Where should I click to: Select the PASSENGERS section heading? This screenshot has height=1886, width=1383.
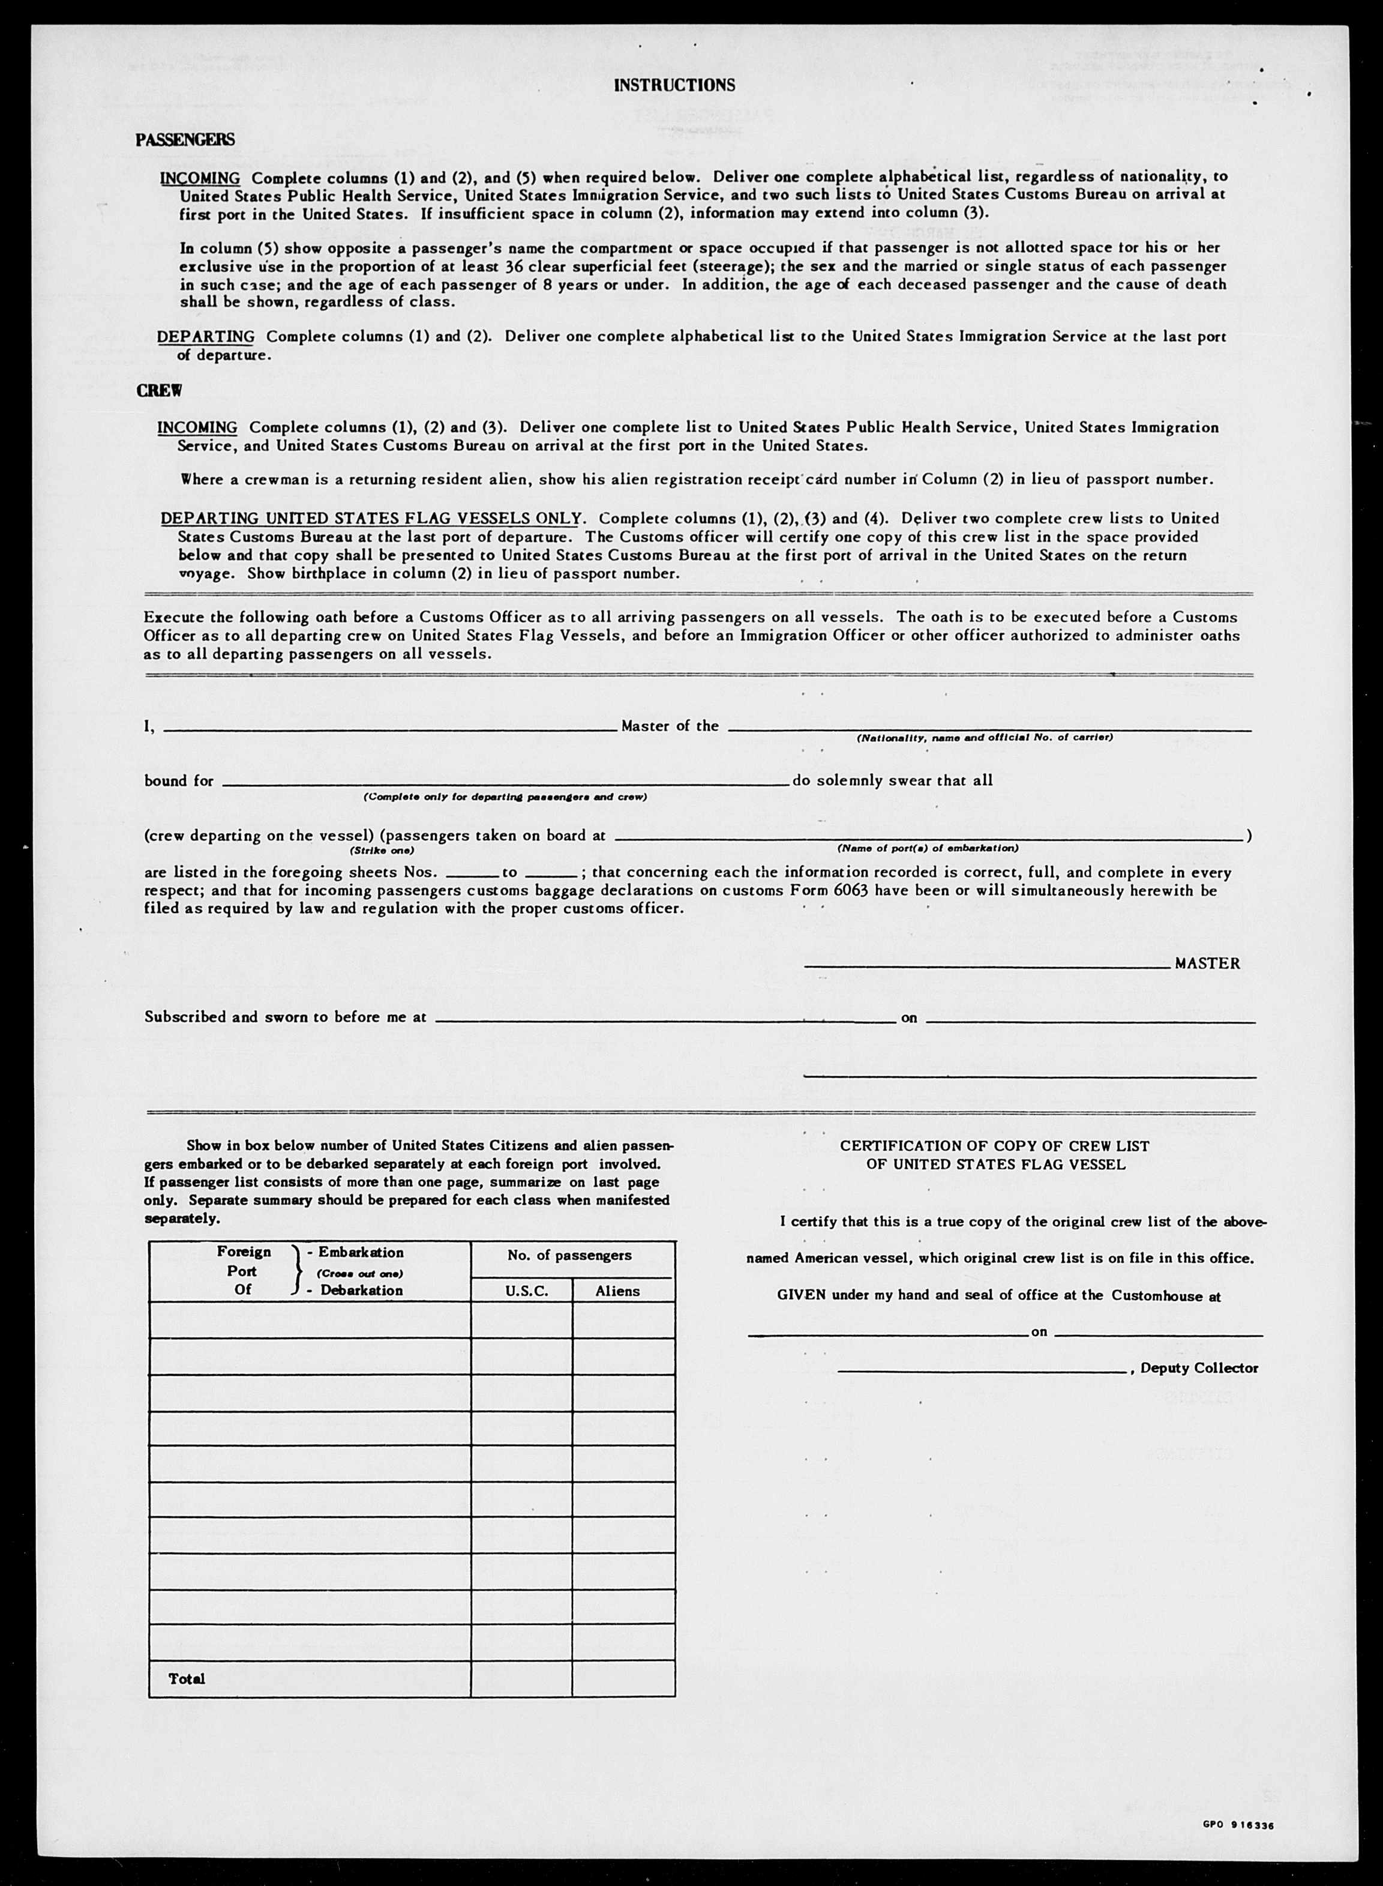coord(185,140)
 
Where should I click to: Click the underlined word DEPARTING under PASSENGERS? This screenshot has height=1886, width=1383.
coord(206,337)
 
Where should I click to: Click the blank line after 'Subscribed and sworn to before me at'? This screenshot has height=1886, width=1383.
coord(665,1019)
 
